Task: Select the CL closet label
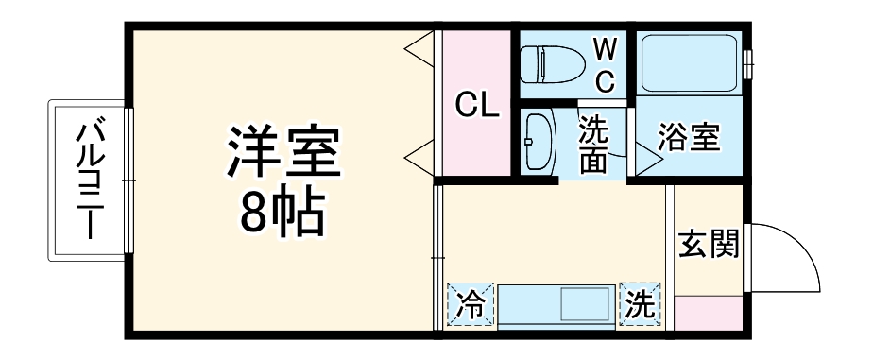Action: [476, 105]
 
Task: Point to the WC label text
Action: [605, 64]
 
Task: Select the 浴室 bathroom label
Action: [689, 138]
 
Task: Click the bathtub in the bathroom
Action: [689, 62]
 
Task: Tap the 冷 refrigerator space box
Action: [470, 304]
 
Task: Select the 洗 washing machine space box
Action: [642, 304]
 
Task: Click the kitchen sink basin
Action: [586, 305]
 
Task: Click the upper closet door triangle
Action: [422, 46]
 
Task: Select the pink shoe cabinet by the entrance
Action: [709, 311]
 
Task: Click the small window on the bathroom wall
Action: [747, 61]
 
